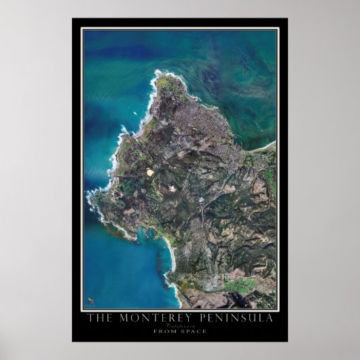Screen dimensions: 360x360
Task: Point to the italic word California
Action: pyautogui.click(x=179, y=326)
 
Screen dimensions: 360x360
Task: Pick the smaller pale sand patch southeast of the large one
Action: pyautogui.click(x=170, y=186)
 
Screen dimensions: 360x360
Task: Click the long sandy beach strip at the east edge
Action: pyautogui.click(x=268, y=145)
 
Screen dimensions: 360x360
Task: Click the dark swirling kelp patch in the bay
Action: pyautogui.click(x=224, y=75)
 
